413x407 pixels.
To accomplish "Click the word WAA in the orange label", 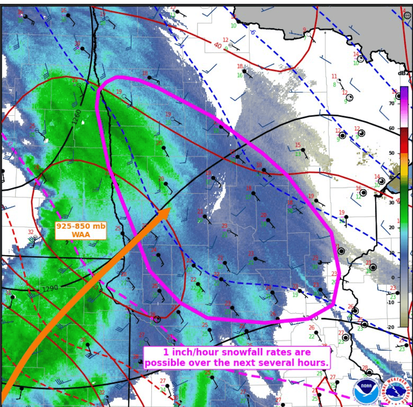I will coord(80,235).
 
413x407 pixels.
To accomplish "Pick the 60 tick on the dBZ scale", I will coord(392,129).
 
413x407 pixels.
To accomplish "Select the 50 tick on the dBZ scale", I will coord(392,153).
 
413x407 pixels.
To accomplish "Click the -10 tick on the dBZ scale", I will coord(391,302).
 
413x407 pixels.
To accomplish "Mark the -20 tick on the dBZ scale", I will coord(390,327).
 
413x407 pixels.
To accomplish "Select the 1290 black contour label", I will coord(50,289).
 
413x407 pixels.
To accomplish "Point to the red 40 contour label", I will coord(217,45).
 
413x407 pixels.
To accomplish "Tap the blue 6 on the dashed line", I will coord(252,32).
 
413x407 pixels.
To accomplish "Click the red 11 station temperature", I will coord(334,76).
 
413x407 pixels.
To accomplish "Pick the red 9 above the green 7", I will coord(304,30).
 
